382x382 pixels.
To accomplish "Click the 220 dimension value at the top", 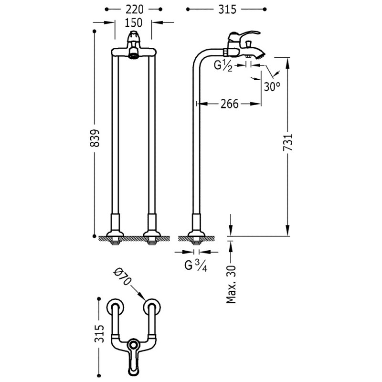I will [x=133, y=9].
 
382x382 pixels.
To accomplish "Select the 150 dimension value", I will [x=133, y=22].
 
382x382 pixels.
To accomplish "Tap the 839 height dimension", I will [x=95, y=138].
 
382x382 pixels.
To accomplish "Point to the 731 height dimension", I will [x=287, y=142].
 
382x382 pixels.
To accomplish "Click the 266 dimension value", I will [x=229, y=103].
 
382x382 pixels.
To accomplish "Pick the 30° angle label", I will [x=271, y=86].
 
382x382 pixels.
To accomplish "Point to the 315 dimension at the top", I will [x=226, y=9].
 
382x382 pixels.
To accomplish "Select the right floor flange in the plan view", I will [x=154, y=307].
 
